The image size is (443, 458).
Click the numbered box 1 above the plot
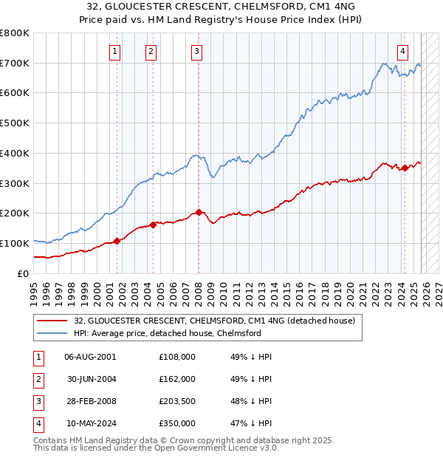tap(116, 51)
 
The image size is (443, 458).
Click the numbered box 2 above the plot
tap(151, 51)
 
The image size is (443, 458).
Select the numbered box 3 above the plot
tap(197, 51)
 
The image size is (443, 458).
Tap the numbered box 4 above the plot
tap(402, 51)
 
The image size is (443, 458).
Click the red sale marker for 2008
tap(199, 213)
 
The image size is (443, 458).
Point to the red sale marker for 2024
tap(405, 168)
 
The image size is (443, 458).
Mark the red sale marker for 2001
tap(117, 241)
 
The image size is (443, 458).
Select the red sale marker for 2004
tap(153, 225)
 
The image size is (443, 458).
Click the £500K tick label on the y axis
tap(15, 123)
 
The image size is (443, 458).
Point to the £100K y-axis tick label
tap(15, 243)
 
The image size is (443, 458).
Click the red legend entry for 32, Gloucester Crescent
tap(214, 321)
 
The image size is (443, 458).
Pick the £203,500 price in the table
tap(177, 401)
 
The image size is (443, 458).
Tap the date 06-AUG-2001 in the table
tap(90, 357)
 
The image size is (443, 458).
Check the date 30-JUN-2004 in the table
tap(90, 379)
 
